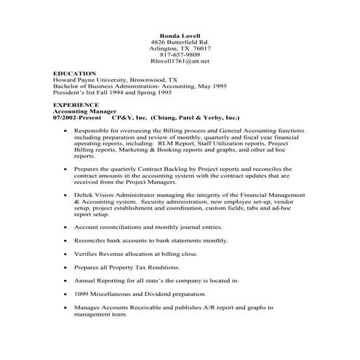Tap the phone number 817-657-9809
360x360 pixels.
point(180,55)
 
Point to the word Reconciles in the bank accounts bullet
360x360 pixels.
point(92,239)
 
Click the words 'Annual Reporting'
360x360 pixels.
point(101,280)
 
